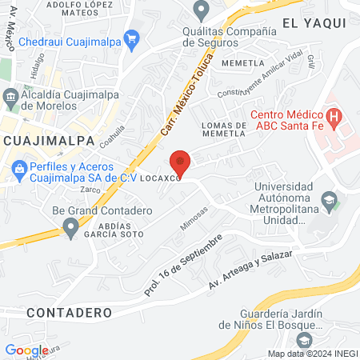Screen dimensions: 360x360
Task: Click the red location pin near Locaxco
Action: (x=181, y=162)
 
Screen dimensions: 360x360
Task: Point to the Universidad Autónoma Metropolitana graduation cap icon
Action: (x=328, y=198)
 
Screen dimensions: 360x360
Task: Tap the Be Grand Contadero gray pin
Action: (x=71, y=229)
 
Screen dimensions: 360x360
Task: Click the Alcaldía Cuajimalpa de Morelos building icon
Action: (x=11, y=98)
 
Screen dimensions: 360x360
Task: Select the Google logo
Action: (x=27, y=350)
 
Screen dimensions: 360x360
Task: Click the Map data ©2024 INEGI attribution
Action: (x=313, y=354)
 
